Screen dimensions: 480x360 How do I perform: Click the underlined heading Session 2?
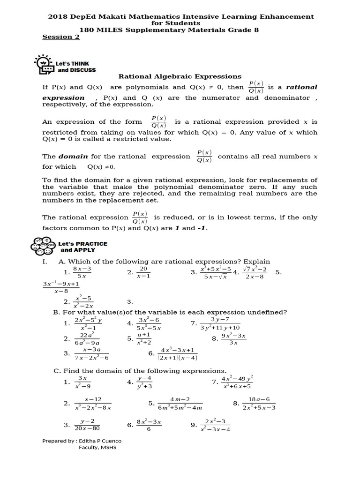[x=61, y=37]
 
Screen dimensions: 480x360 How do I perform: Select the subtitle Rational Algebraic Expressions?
[x=180, y=76]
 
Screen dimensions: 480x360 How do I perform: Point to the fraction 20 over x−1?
[x=143, y=272]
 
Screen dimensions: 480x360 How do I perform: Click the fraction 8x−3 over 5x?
[x=82, y=272]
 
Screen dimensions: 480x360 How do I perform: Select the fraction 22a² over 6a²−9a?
[x=87, y=339]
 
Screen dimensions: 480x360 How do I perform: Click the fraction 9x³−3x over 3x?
[x=233, y=339]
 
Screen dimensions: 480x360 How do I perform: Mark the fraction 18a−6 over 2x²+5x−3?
[x=259, y=403]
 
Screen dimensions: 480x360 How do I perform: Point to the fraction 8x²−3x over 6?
[x=149, y=425]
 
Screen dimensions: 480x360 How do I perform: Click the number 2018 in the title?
[x=58, y=16]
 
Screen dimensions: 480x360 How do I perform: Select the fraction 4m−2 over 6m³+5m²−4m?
[x=180, y=403]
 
